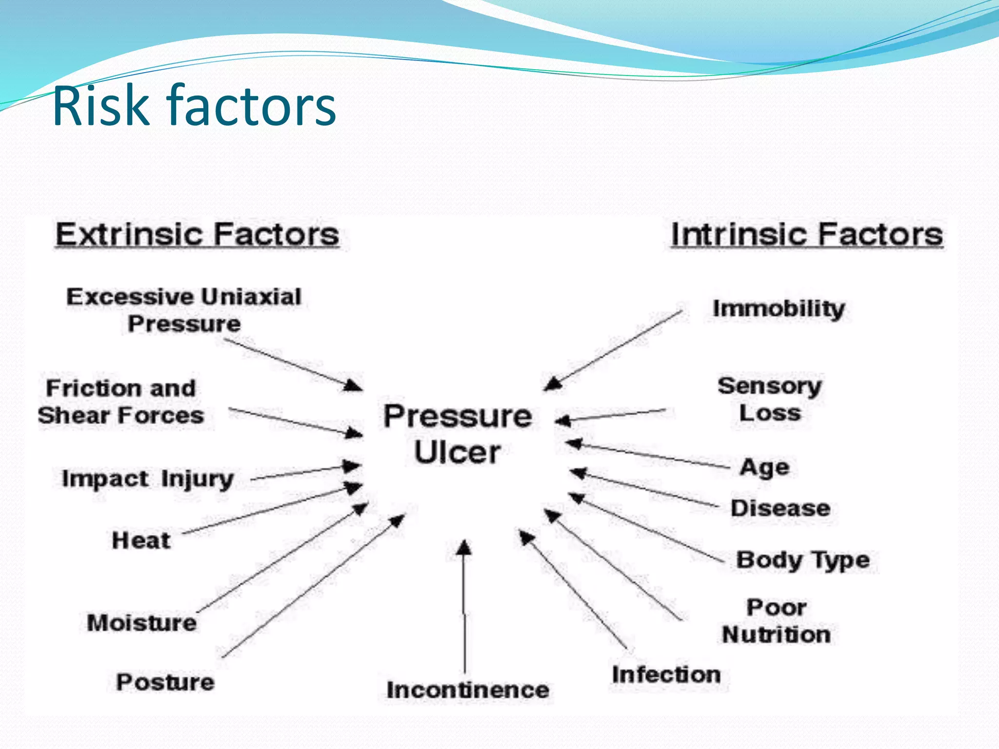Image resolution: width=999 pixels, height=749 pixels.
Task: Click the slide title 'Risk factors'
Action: [x=194, y=105]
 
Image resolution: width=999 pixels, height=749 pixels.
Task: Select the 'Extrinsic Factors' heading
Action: [x=197, y=235]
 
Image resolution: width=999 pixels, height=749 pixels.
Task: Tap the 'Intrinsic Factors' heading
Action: [x=807, y=235]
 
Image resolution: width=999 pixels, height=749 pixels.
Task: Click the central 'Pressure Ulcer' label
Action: [x=458, y=434]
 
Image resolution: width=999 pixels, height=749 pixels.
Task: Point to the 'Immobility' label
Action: [x=779, y=309]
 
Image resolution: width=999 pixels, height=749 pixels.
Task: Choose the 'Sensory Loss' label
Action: [x=770, y=399]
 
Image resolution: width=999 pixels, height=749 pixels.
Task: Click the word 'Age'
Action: [x=764, y=468]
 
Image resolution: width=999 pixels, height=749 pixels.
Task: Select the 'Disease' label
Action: [x=780, y=508]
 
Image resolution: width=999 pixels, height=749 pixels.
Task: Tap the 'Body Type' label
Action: [x=803, y=560]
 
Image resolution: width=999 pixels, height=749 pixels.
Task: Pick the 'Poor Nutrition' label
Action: [x=776, y=621]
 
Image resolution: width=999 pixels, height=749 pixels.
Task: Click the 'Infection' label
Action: [x=666, y=675]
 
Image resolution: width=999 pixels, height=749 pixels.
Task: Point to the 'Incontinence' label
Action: [x=468, y=690]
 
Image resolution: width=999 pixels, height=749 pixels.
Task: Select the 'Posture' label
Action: [x=165, y=682]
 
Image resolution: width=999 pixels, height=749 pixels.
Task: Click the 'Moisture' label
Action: [x=142, y=623]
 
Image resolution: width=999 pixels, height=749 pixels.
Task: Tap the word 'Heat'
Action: [x=141, y=540]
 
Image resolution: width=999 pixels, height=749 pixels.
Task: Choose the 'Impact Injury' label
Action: [x=148, y=479]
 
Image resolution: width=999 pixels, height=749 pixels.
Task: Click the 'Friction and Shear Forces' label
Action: [x=121, y=402]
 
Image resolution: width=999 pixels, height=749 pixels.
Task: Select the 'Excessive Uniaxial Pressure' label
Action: [x=184, y=310]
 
